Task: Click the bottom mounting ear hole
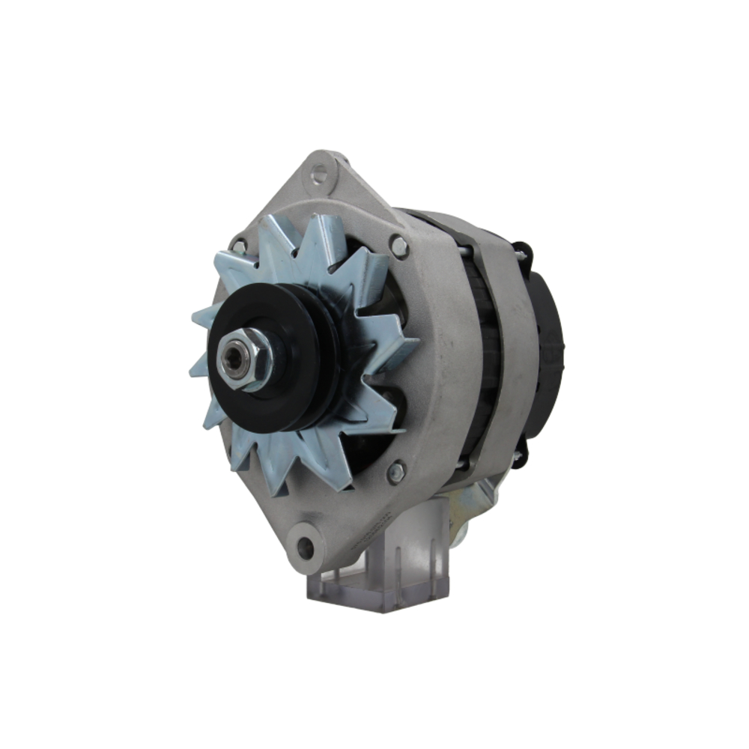[305, 548]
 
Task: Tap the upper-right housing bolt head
[398, 245]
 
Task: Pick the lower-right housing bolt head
[395, 472]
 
